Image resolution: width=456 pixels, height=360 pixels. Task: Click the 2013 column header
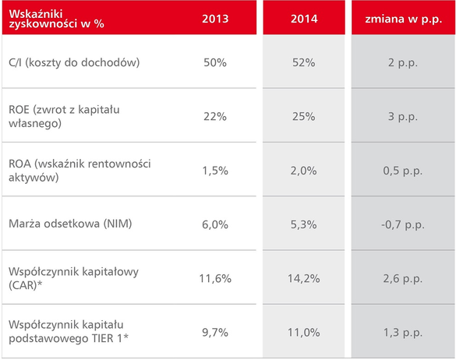tap(215, 19)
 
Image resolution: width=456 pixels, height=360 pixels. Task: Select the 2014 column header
tap(304, 19)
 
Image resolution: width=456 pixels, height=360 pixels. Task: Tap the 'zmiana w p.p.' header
tap(403, 19)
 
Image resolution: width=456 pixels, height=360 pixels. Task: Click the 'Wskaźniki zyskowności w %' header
tap(56, 19)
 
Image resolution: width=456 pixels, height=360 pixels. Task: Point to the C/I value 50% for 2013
tap(215, 62)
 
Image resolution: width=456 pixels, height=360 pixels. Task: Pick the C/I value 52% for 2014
tap(304, 62)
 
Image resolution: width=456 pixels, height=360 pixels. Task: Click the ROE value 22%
tap(215, 117)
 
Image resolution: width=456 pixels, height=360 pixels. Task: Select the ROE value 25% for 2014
tap(304, 117)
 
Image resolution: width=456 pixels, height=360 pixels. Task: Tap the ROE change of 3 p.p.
tap(403, 117)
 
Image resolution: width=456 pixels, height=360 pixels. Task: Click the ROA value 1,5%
tap(215, 171)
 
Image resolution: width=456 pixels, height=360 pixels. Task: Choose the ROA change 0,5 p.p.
tap(403, 171)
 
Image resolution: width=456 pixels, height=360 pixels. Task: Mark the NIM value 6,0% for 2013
tap(215, 224)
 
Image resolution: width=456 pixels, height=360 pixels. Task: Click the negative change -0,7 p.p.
tap(403, 225)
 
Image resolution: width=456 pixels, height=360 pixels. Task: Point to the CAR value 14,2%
tap(304, 279)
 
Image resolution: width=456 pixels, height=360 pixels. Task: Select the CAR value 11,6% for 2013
tap(215, 279)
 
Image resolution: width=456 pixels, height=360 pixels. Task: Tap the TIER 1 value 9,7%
tap(215, 333)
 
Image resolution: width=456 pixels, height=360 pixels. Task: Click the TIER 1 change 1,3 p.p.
tap(403, 333)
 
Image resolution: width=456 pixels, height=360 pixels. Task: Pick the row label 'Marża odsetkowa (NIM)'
tap(70, 224)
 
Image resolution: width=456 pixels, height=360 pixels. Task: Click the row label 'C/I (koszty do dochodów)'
tap(74, 62)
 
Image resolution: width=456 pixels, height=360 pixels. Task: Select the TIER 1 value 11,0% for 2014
tap(304, 333)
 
